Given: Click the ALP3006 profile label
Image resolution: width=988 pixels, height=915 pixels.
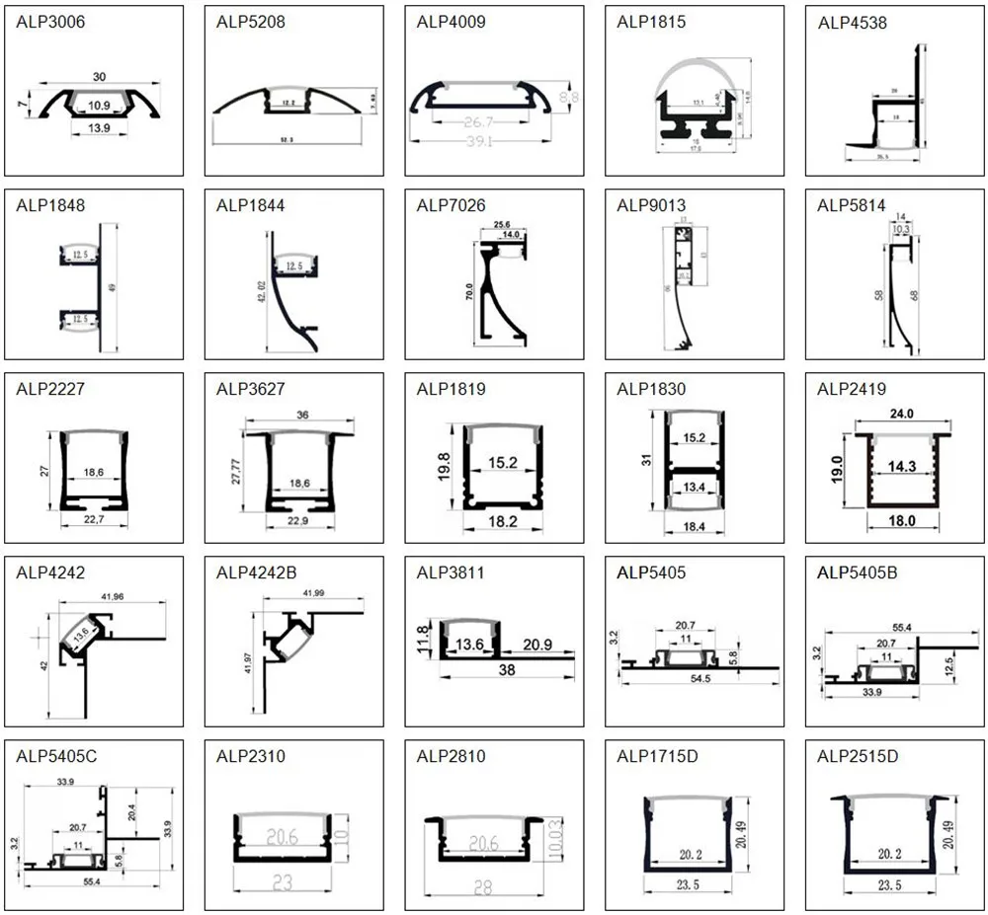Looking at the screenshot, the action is coord(50,22).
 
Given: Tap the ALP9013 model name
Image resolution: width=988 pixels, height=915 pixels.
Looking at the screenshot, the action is coord(651,205).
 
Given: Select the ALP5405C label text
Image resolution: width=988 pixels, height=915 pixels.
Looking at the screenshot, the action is coord(56,756).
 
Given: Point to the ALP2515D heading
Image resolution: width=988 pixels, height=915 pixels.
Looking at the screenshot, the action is coord(858,756).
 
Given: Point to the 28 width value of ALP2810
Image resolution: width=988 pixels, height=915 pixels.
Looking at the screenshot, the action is coord(482,886).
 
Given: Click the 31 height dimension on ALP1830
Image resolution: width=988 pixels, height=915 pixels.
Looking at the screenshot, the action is coord(646,458).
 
